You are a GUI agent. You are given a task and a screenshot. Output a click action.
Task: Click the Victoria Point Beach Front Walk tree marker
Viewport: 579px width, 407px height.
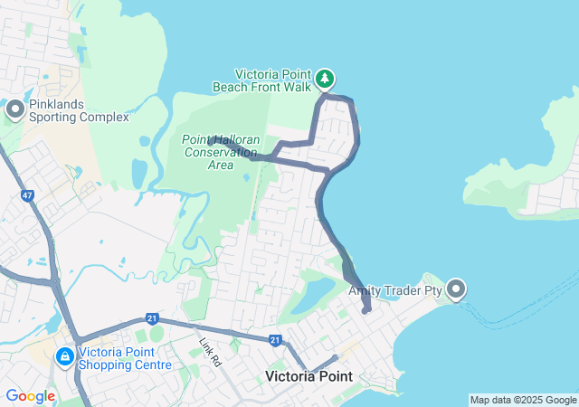(325, 80)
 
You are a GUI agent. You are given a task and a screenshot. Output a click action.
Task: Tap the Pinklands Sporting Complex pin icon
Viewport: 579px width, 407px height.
(15, 109)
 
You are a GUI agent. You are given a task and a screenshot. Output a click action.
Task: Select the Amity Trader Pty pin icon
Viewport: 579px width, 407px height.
(455, 289)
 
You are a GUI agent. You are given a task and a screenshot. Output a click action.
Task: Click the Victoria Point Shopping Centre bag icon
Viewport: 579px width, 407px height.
(65, 357)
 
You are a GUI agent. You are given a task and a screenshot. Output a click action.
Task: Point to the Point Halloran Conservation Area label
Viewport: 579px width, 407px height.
(221, 152)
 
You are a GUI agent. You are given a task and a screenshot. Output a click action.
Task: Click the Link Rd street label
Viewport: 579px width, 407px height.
(211, 350)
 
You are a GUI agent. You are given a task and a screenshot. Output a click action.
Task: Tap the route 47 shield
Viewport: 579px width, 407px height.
(28, 194)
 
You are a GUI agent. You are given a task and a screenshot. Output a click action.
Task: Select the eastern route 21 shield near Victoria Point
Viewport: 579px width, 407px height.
(274, 339)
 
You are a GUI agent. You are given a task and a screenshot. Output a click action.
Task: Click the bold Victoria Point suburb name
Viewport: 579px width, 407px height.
(314, 375)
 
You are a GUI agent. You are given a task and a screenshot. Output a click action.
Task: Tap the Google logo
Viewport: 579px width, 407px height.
(30, 396)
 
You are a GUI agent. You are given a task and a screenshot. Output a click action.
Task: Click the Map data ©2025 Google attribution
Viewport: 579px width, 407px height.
(523, 400)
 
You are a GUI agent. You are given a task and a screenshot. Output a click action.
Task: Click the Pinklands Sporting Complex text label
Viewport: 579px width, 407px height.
(79, 110)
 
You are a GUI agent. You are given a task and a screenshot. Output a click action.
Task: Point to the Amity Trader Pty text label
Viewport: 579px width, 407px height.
(394, 290)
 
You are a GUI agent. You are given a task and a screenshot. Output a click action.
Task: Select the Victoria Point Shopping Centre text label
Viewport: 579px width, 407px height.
(125, 359)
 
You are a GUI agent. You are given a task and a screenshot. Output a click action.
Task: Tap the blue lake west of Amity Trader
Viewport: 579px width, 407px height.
(316, 295)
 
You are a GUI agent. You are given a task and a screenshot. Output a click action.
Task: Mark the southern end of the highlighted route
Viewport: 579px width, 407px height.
(367, 310)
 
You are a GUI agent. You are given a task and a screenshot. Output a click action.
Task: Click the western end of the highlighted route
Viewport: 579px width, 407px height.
(211, 140)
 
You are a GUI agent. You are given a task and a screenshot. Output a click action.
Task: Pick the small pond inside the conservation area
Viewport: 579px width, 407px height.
(246, 176)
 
